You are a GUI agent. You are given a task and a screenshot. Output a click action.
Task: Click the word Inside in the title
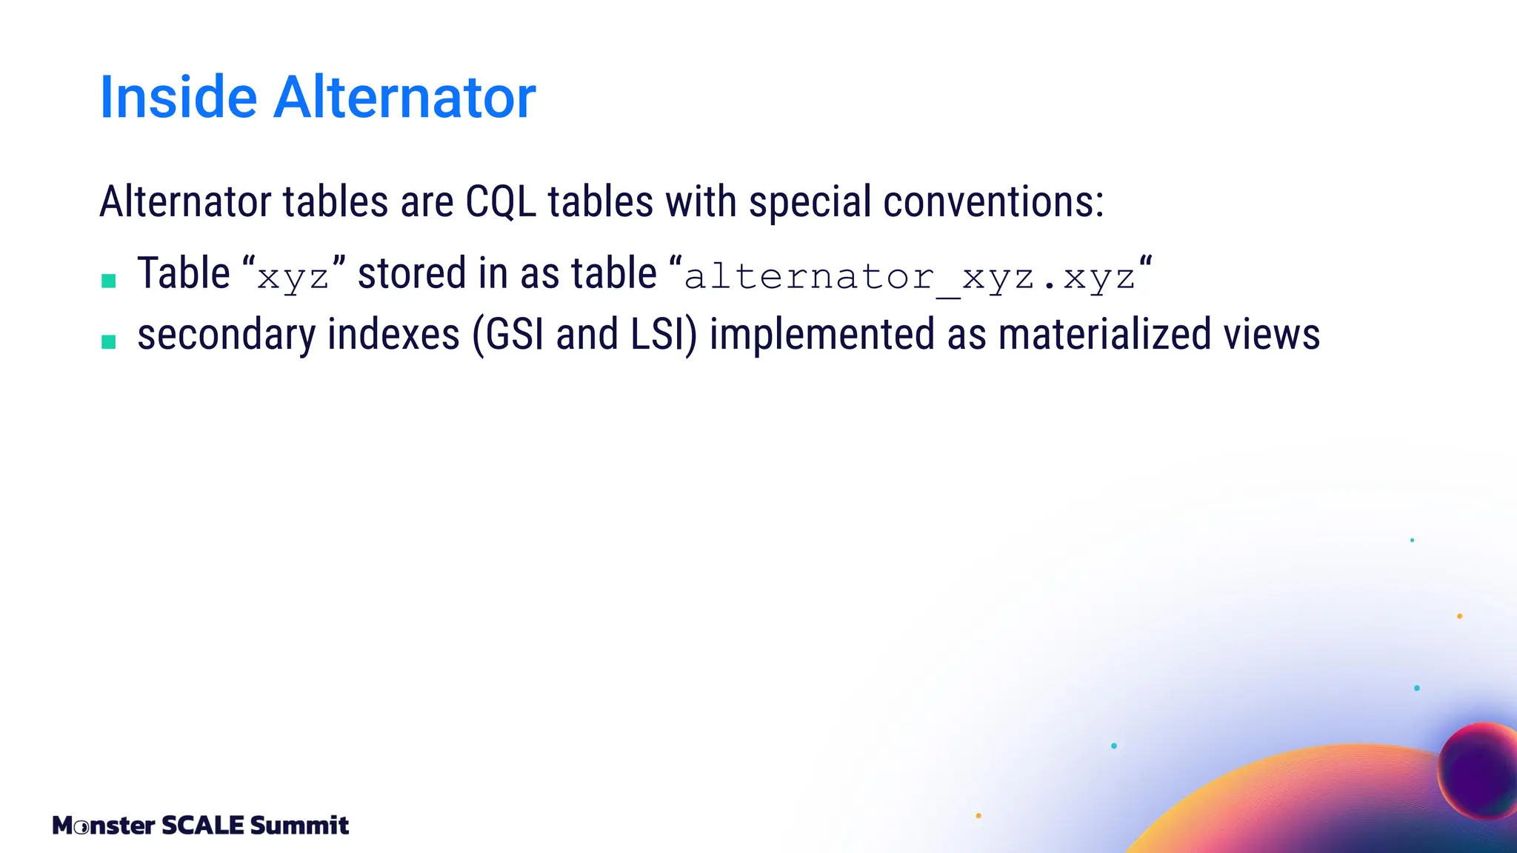(x=178, y=97)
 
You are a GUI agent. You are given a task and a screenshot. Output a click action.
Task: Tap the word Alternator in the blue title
(x=404, y=97)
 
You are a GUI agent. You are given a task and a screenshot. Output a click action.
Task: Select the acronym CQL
(x=501, y=201)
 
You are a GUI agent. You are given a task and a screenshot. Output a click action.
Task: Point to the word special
(x=809, y=201)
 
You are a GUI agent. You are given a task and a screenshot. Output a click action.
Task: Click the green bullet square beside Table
(x=109, y=281)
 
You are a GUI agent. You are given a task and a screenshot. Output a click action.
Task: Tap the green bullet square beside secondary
(x=109, y=341)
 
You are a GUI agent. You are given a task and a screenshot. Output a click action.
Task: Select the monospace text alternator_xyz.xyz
(x=910, y=277)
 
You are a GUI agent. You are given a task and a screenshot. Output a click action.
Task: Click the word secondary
(x=226, y=335)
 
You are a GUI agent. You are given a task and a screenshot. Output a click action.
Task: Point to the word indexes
(x=393, y=335)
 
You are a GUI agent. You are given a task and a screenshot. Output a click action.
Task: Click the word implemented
(x=821, y=335)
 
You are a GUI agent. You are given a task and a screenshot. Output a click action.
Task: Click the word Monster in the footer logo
(x=104, y=825)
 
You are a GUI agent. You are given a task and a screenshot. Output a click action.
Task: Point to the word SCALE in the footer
(x=203, y=825)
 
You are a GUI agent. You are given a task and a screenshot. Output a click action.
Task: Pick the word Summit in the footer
(x=299, y=825)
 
